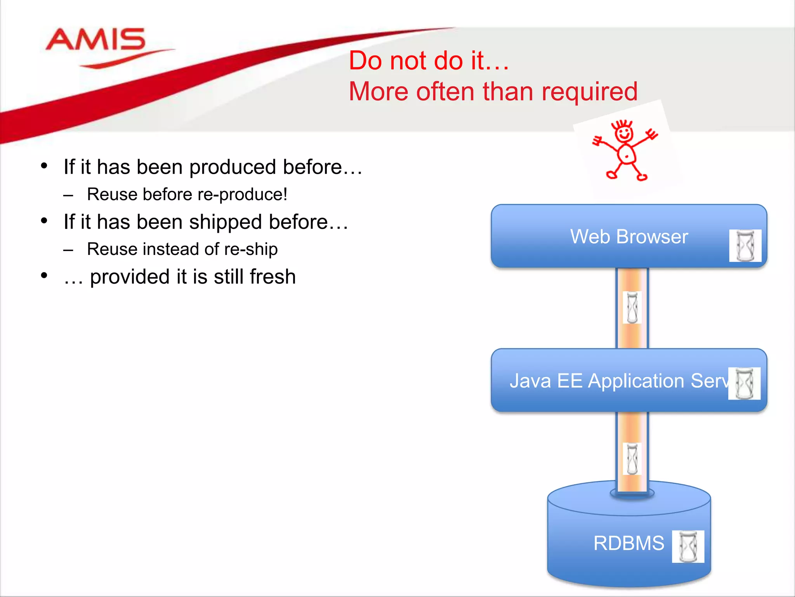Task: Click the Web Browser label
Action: pyautogui.click(x=629, y=237)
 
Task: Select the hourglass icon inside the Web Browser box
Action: pyautogui.click(x=745, y=246)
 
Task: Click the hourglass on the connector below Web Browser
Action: pyautogui.click(x=632, y=307)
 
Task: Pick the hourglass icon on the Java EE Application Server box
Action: pyautogui.click(x=744, y=383)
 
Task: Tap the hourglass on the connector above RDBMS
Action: pyautogui.click(x=632, y=459)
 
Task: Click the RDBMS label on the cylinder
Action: pyautogui.click(x=628, y=543)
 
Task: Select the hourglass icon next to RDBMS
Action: pyautogui.click(x=688, y=546)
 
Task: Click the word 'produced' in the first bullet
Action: pyautogui.click(x=233, y=167)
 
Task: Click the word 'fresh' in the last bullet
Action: pyautogui.click(x=273, y=277)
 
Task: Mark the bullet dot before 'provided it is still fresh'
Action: pyautogui.click(x=44, y=276)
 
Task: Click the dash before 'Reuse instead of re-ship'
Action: pyautogui.click(x=68, y=250)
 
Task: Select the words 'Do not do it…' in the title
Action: pyautogui.click(x=429, y=61)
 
